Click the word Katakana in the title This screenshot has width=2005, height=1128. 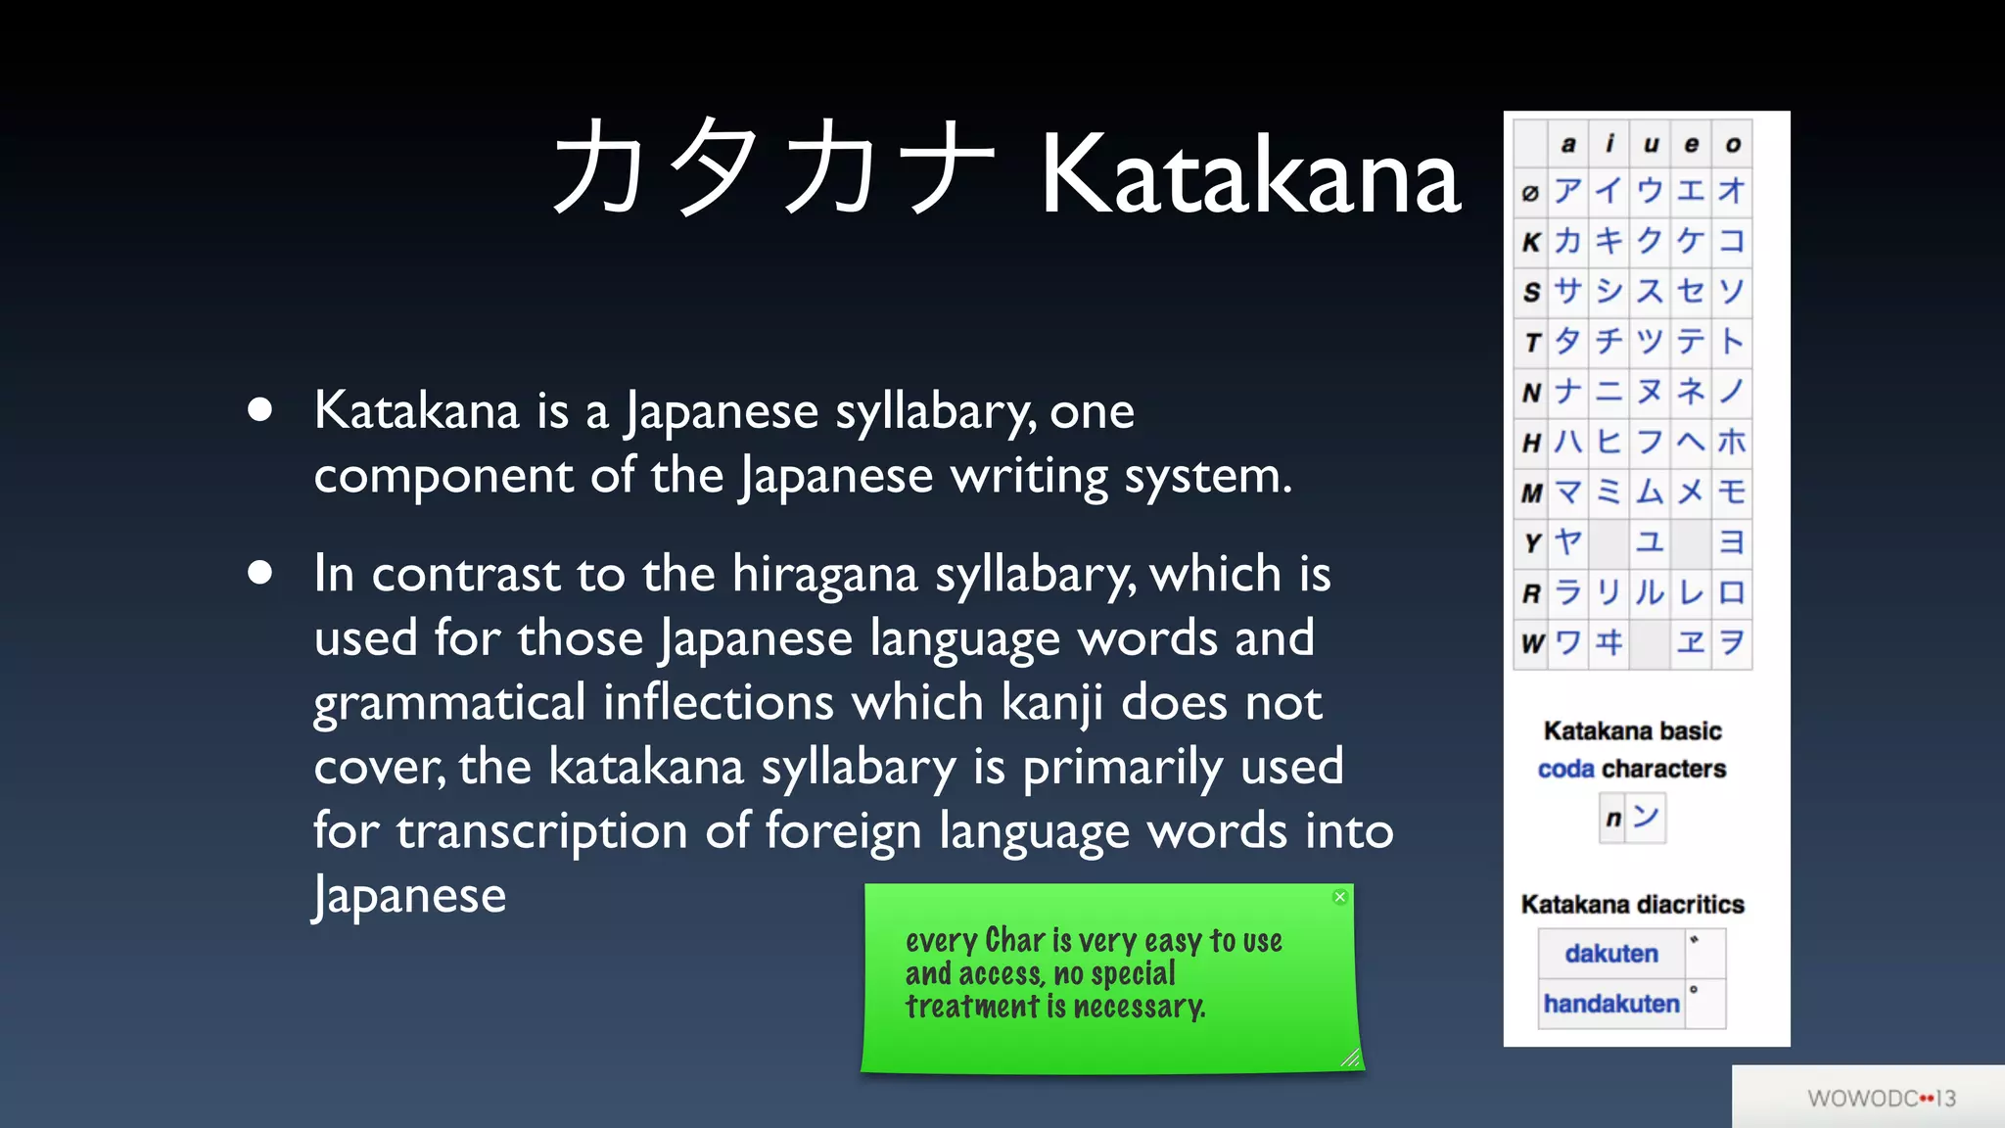point(1250,176)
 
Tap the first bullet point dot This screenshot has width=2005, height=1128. point(259,409)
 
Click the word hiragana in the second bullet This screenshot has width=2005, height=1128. point(824,575)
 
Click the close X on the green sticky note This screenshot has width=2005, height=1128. point(1340,897)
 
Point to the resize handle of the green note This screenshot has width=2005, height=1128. point(1350,1057)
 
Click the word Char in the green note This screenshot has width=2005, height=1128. point(1015,940)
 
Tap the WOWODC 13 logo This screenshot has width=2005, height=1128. point(1881,1099)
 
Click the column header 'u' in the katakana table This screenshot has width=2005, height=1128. point(1651,145)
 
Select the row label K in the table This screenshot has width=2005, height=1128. point(1531,242)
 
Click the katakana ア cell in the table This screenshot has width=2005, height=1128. point(1568,191)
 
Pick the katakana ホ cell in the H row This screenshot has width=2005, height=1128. point(1731,442)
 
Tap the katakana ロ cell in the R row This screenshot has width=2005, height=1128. point(1731,592)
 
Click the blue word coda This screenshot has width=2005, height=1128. point(1565,770)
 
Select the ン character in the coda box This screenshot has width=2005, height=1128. point(1646,817)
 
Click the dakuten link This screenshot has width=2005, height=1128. point(1610,954)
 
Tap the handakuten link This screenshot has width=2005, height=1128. point(1610,1004)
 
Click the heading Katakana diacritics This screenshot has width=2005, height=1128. point(1632,905)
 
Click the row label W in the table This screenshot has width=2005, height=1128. point(1531,643)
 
